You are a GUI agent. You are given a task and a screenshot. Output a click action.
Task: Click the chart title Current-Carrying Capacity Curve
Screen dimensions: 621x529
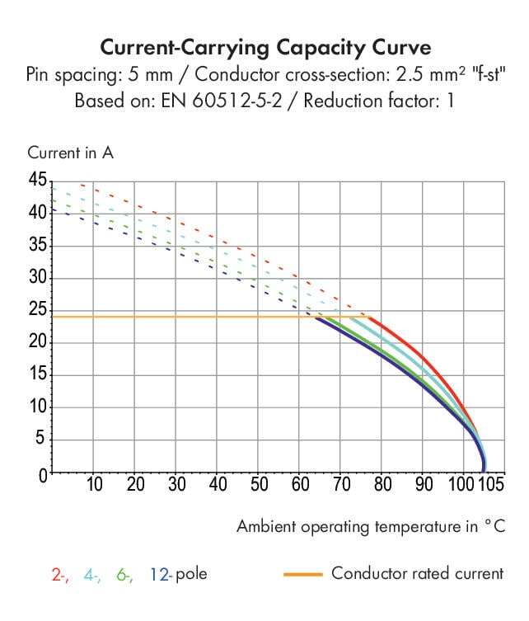coord(264,45)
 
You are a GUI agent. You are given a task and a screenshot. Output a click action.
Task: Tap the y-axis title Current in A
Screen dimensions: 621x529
coord(70,153)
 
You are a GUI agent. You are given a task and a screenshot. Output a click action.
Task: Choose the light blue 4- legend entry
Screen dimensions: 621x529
coord(92,574)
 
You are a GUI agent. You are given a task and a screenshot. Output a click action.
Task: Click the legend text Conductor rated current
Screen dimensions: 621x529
coord(417,573)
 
